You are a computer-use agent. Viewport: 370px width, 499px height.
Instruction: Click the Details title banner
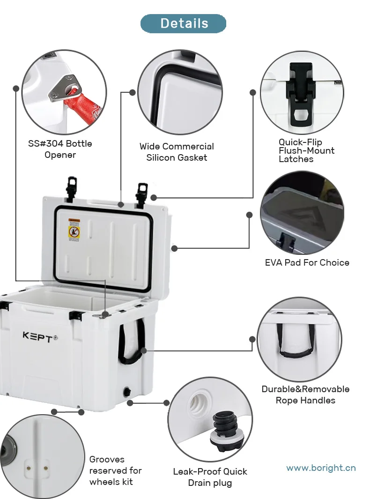coord(184,23)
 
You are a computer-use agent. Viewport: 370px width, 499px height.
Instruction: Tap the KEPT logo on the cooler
coord(40,336)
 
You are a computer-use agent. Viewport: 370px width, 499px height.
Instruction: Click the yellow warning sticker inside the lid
coord(74,230)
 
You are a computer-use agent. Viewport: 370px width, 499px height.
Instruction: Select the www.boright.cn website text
coord(321,468)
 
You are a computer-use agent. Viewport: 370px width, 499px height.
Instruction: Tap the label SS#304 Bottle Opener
coord(60,149)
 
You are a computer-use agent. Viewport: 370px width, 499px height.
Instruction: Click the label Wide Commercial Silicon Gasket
coord(177,152)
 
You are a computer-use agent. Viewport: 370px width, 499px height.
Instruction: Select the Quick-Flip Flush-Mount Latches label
coord(307,150)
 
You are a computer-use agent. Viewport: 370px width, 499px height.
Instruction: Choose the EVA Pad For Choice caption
coord(307,262)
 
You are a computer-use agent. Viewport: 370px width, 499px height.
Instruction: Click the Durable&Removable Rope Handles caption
coord(305,395)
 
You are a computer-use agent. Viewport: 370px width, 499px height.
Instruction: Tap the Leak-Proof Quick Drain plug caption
coord(210,477)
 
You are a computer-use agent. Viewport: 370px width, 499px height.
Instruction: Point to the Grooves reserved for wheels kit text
coord(115,470)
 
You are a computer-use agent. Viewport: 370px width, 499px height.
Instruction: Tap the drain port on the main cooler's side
coord(126,392)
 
